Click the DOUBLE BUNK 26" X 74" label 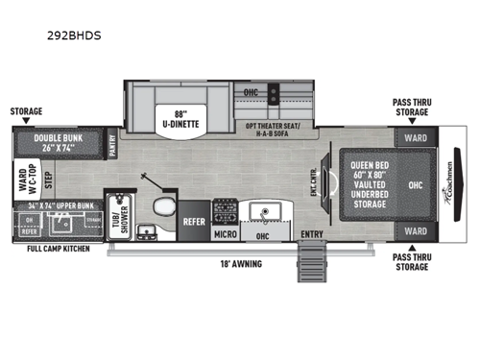tap(60, 142)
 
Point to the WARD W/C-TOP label tap(21, 180)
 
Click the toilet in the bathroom tap(164, 211)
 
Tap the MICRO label tap(225, 233)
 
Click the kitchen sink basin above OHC tap(262, 210)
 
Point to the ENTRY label tap(310, 233)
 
